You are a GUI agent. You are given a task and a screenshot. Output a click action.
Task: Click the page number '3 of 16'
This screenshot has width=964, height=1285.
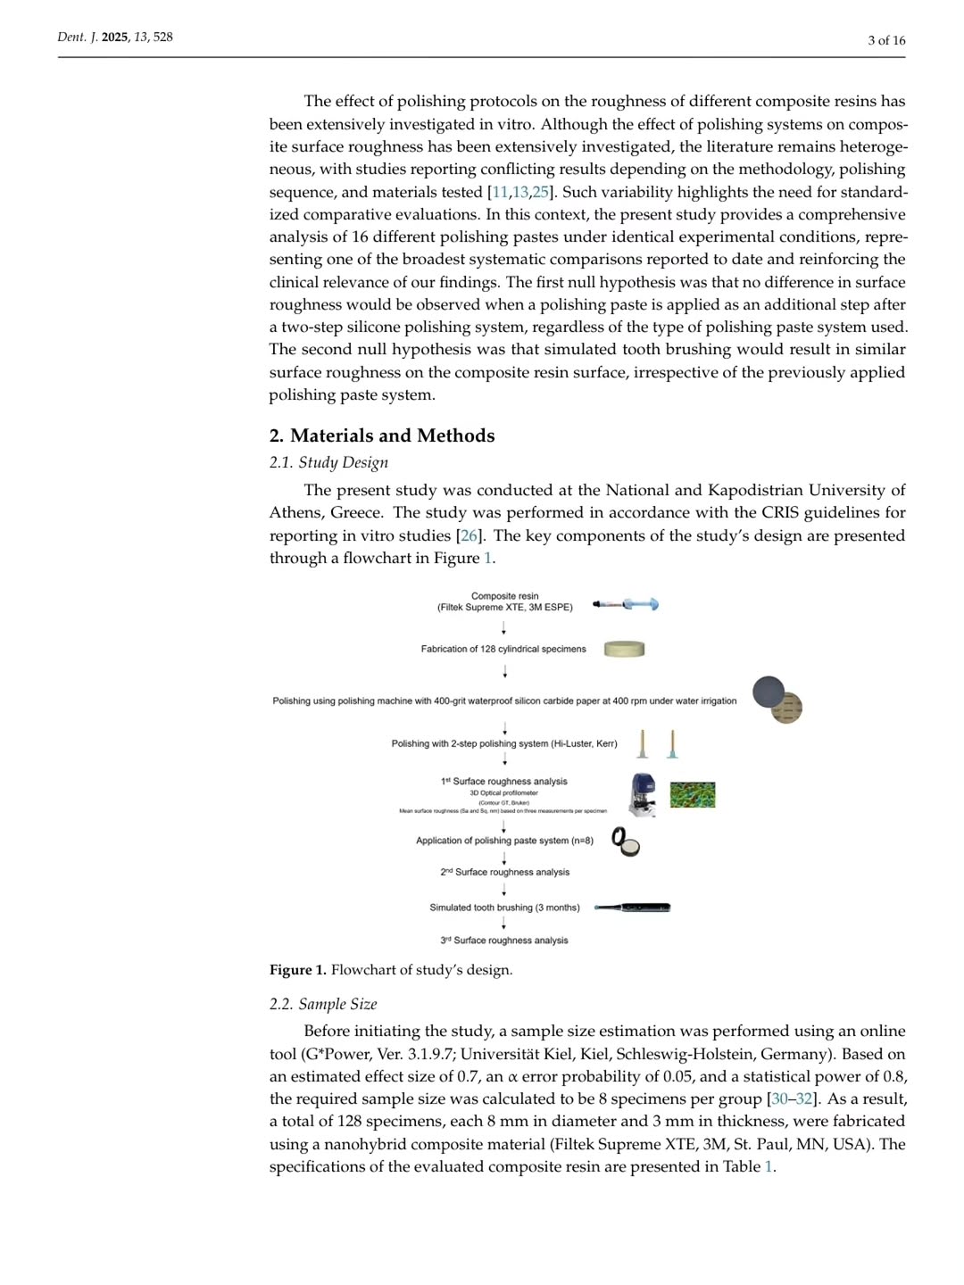click(x=885, y=40)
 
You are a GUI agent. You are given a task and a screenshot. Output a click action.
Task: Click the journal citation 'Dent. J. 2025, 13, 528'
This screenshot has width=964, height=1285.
click(x=115, y=37)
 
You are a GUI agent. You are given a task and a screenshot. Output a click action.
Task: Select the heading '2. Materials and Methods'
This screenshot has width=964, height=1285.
click(x=381, y=435)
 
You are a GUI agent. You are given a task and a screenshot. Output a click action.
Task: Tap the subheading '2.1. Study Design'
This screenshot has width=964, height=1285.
click(x=328, y=462)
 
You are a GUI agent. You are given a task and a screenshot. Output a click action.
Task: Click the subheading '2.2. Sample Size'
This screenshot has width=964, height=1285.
click(x=323, y=1004)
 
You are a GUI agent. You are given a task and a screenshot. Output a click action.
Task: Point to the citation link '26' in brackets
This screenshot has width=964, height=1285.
click(x=470, y=535)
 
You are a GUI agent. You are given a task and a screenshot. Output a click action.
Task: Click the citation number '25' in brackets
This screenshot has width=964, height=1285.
click(x=540, y=192)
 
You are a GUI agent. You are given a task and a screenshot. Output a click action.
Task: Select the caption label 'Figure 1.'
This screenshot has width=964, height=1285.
click(x=297, y=970)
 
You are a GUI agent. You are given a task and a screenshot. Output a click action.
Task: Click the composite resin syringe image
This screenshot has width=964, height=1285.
click(x=626, y=604)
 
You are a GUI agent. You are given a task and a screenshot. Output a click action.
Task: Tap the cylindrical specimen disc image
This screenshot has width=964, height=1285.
click(x=624, y=649)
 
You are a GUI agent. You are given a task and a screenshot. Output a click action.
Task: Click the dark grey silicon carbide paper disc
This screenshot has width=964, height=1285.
click(x=768, y=692)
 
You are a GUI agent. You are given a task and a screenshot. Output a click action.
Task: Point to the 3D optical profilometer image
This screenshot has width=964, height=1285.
click(x=642, y=795)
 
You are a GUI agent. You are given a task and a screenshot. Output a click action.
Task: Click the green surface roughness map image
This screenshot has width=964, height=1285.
click(x=693, y=794)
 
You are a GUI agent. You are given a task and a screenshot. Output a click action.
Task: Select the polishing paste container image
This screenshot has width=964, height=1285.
click(x=626, y=841)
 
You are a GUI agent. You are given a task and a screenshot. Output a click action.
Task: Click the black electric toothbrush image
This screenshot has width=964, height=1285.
click(x=633, y=908)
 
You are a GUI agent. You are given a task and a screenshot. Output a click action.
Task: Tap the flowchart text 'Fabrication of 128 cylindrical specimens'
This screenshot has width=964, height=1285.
click(x=503, y=649)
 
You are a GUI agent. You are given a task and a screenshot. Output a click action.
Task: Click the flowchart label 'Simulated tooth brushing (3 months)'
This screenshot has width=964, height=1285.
click(x=504, y=908)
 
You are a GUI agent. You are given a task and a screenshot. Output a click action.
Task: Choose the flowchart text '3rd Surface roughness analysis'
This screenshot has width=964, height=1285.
click(x=504, y=941)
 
